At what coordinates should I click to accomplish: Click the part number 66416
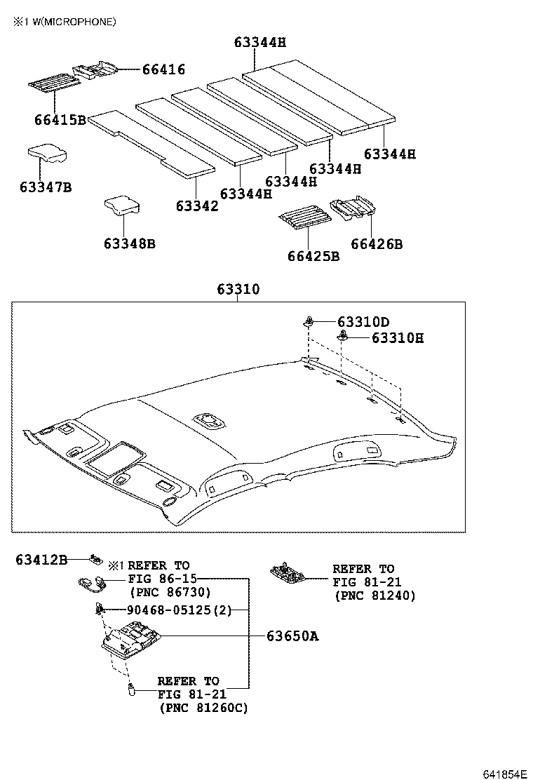pyautogui.click(x=163, y=69)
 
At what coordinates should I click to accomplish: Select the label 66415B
pyautogui.click(x=60, y=120)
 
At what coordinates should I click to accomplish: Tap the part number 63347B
pyautogui.click(x=46, y=187)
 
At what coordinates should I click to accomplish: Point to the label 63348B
pyautogui.click(x=129, y=243)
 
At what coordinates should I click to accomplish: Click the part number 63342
pyautogui.click(x=197, y=206)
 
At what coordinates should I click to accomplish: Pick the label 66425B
pyautogui.click(x=313, y=256)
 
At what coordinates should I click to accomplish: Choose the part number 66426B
pyautogui.click(x=377, y=244)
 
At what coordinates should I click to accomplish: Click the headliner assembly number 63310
pyautogui.click(x=238, y=289)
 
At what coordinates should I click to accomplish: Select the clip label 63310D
pyautogui.click(x=363, y=322)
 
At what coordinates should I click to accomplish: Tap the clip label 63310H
pyautogui.click(x=398, y=339)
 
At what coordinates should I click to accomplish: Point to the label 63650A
pyautogui.click(x=292, y=636)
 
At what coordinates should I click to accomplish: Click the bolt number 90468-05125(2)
pyautogui.click(x=179, y=610)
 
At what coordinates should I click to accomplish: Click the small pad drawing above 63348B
pyautogui.click(x=122, y=205)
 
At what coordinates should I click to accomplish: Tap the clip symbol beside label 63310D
pyautogui.click(x=309, y=322)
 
